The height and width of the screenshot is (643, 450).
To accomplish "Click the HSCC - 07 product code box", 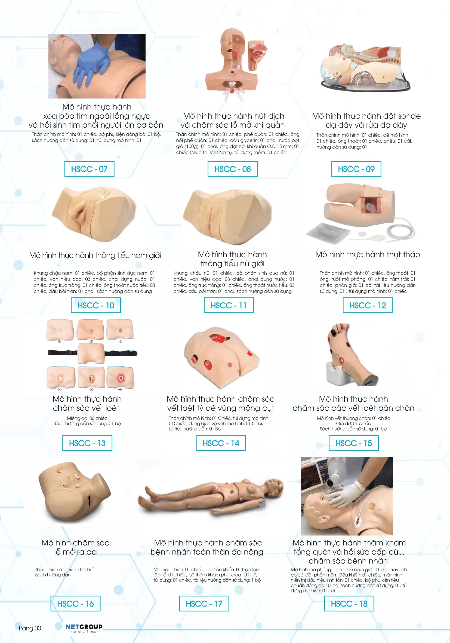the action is [x=89, y=169].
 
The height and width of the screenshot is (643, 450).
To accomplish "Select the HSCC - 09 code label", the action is [x=356, y=169].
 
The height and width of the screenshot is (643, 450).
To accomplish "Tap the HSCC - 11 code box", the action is [x=229, y=305].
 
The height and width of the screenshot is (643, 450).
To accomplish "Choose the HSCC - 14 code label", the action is [x=221, y=443].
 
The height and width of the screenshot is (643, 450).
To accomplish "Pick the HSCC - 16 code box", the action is [x=76, y=604].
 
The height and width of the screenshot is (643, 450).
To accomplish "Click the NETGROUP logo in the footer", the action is [x=84, y=628].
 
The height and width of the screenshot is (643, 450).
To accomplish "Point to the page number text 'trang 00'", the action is [x=30, y=628].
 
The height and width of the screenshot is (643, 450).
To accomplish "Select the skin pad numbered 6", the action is [x=121, y=377].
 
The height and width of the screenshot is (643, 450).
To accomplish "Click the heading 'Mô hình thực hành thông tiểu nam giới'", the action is [x=95, y=255].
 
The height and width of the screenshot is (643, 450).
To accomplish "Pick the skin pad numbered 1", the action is [x=60, y=330].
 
